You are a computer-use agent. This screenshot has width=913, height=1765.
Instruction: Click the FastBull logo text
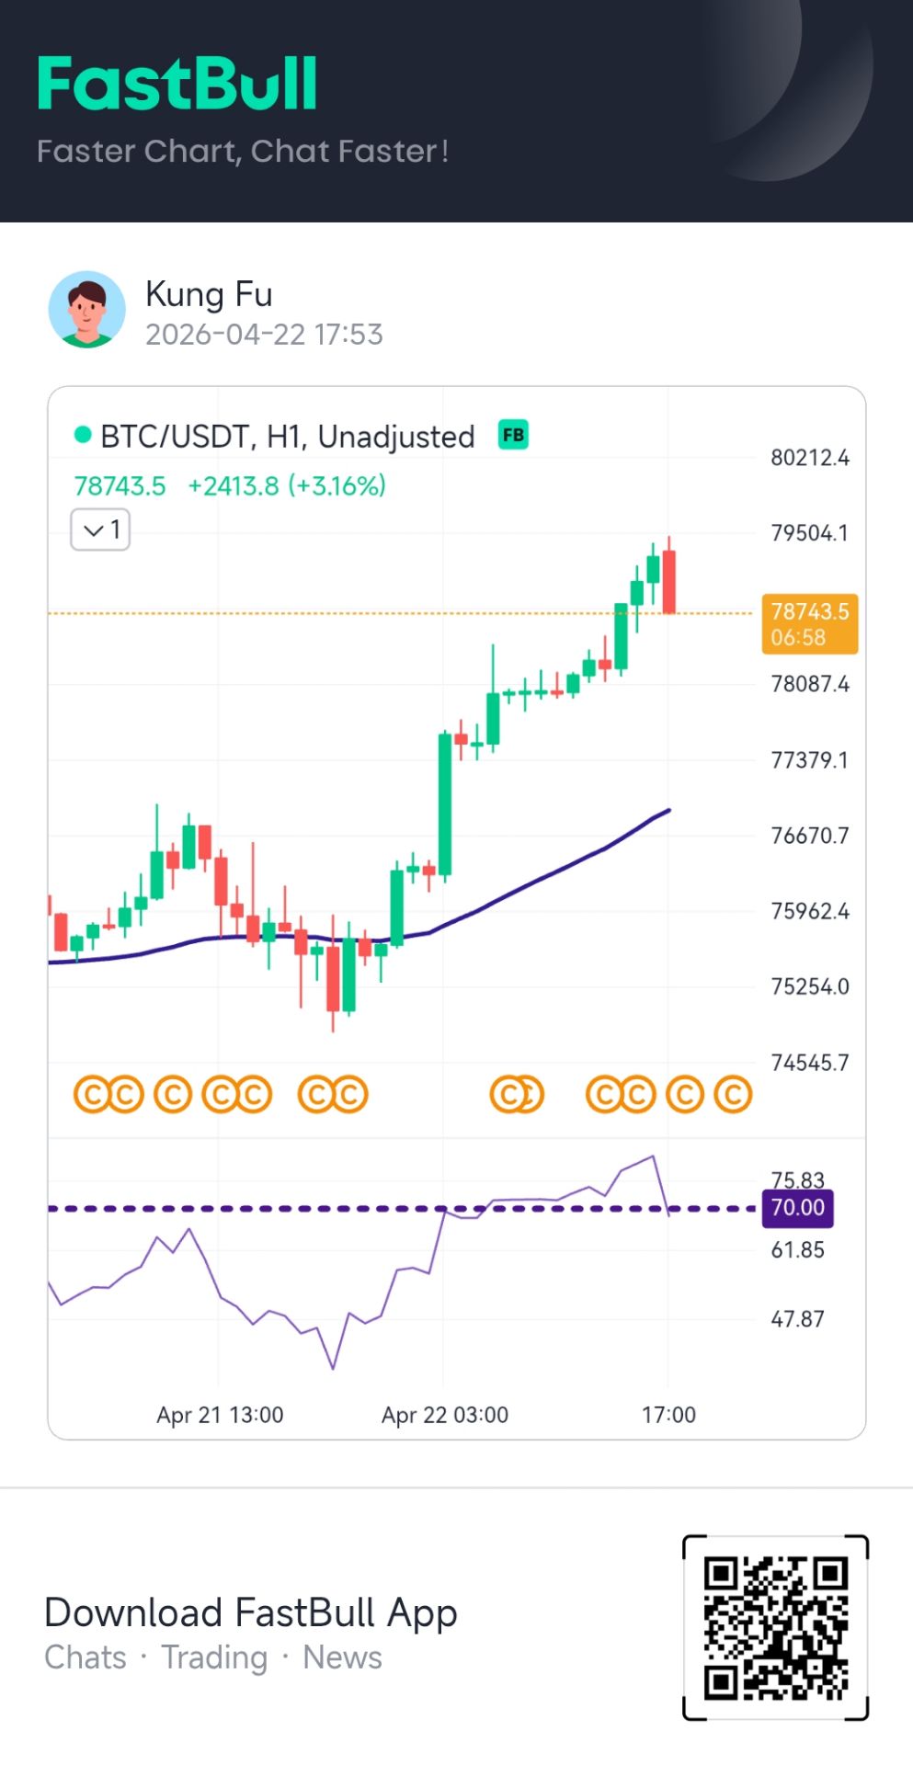(x=177, y=85)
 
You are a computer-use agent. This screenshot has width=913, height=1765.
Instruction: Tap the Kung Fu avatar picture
(x=87, y=310)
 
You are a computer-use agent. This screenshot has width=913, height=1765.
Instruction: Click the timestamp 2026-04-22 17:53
(x=264, y=335)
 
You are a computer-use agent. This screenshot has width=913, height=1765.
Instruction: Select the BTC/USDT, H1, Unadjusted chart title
(x=287, y=437)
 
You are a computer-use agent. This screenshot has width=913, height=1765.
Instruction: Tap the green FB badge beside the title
(x=513, y=435)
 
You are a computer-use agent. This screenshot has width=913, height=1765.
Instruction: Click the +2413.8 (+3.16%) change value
(x=287, y=486)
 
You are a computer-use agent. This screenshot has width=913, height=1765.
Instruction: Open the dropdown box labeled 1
(x=101, y=529)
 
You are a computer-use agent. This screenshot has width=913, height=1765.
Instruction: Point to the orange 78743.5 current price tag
(x=809, y=623)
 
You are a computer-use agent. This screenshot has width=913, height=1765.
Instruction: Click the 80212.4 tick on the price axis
(x=809, y=458)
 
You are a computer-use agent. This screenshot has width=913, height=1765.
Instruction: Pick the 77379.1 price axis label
(x=809, y=760)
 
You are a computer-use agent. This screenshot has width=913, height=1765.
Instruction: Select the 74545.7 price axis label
(x=809, y=1063)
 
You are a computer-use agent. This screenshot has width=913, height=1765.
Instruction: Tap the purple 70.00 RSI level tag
(x=797, y=1208)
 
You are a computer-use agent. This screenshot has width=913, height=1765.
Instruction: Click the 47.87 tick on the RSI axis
(x=797, y=1319)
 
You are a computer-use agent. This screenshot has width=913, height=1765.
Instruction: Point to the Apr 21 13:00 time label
(x=220, y=1415)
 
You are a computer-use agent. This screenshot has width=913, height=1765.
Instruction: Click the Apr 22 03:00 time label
(x=445, y=1415)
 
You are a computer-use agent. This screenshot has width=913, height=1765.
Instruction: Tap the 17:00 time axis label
(x=668, y=1415)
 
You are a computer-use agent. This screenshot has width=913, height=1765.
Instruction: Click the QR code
(x=776, y=1627)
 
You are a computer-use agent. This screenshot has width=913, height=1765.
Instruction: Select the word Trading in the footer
(x=214, y=1657)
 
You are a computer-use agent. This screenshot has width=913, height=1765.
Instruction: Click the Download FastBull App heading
(x=251, y=1613)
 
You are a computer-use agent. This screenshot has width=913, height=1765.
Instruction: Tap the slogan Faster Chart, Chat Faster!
(x=243, y=152)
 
